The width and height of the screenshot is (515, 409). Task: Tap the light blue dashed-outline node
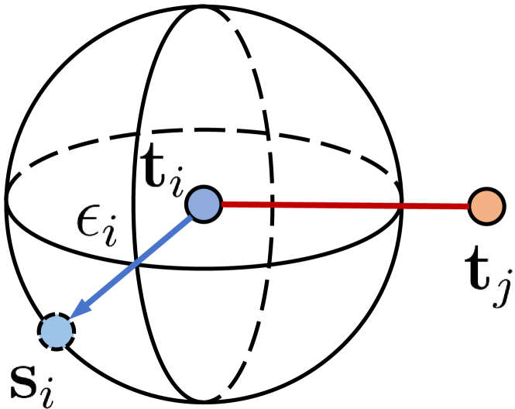point(57,331)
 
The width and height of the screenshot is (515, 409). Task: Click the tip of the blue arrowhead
point(71,317)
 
